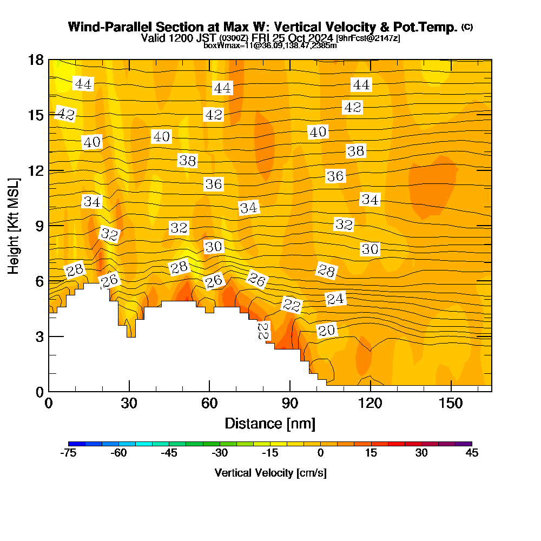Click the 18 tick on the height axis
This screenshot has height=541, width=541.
click(36, 60)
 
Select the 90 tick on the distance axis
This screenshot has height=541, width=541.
click(290, 403)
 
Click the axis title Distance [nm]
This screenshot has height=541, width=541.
click(270, 423)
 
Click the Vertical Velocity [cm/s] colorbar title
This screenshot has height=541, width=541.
click(270, 473)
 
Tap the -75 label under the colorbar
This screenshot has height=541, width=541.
click(69, 453)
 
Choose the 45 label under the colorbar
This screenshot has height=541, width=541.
click(472, 453)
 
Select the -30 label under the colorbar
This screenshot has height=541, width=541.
click(220, 453)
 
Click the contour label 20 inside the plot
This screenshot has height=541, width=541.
click(326, 331)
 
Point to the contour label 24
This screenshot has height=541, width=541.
click(335, 299)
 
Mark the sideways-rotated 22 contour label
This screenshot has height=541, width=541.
click(263, 331)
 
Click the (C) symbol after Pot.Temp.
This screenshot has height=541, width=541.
click(467, 27)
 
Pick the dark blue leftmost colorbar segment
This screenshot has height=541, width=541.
click(77, 444)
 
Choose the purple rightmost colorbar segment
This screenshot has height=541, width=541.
click(464, 444)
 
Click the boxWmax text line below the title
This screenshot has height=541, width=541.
click(270, 45)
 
